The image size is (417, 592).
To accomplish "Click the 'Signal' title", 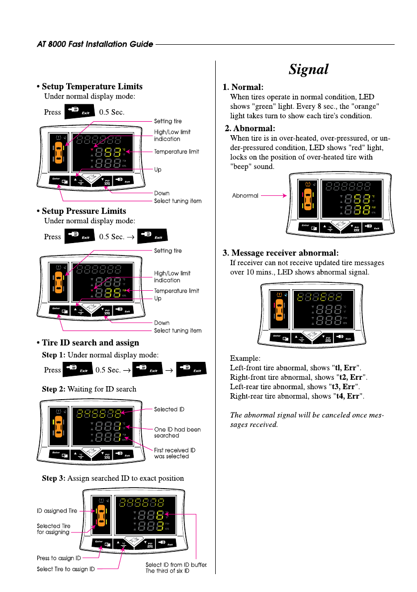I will click(309, 70).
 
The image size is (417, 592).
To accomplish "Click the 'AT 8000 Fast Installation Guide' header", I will click(95, 44).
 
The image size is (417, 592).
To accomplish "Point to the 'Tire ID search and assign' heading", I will click(90, 342).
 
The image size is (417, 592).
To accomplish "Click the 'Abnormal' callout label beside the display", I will click(246, 196).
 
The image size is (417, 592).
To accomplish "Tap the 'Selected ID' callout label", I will click(169, 410).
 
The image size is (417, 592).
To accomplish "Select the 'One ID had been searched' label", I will click(177, 432).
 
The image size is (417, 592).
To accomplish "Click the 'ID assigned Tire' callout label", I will click(57, 510).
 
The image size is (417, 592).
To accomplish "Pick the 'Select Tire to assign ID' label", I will click(66, 569).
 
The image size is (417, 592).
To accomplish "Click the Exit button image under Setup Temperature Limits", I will click(79, 112).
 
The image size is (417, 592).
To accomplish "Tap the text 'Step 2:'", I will click(53, 389).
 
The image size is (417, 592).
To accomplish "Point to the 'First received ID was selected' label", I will click(174, 453).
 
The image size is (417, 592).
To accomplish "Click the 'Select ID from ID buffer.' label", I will click(176, 565).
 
